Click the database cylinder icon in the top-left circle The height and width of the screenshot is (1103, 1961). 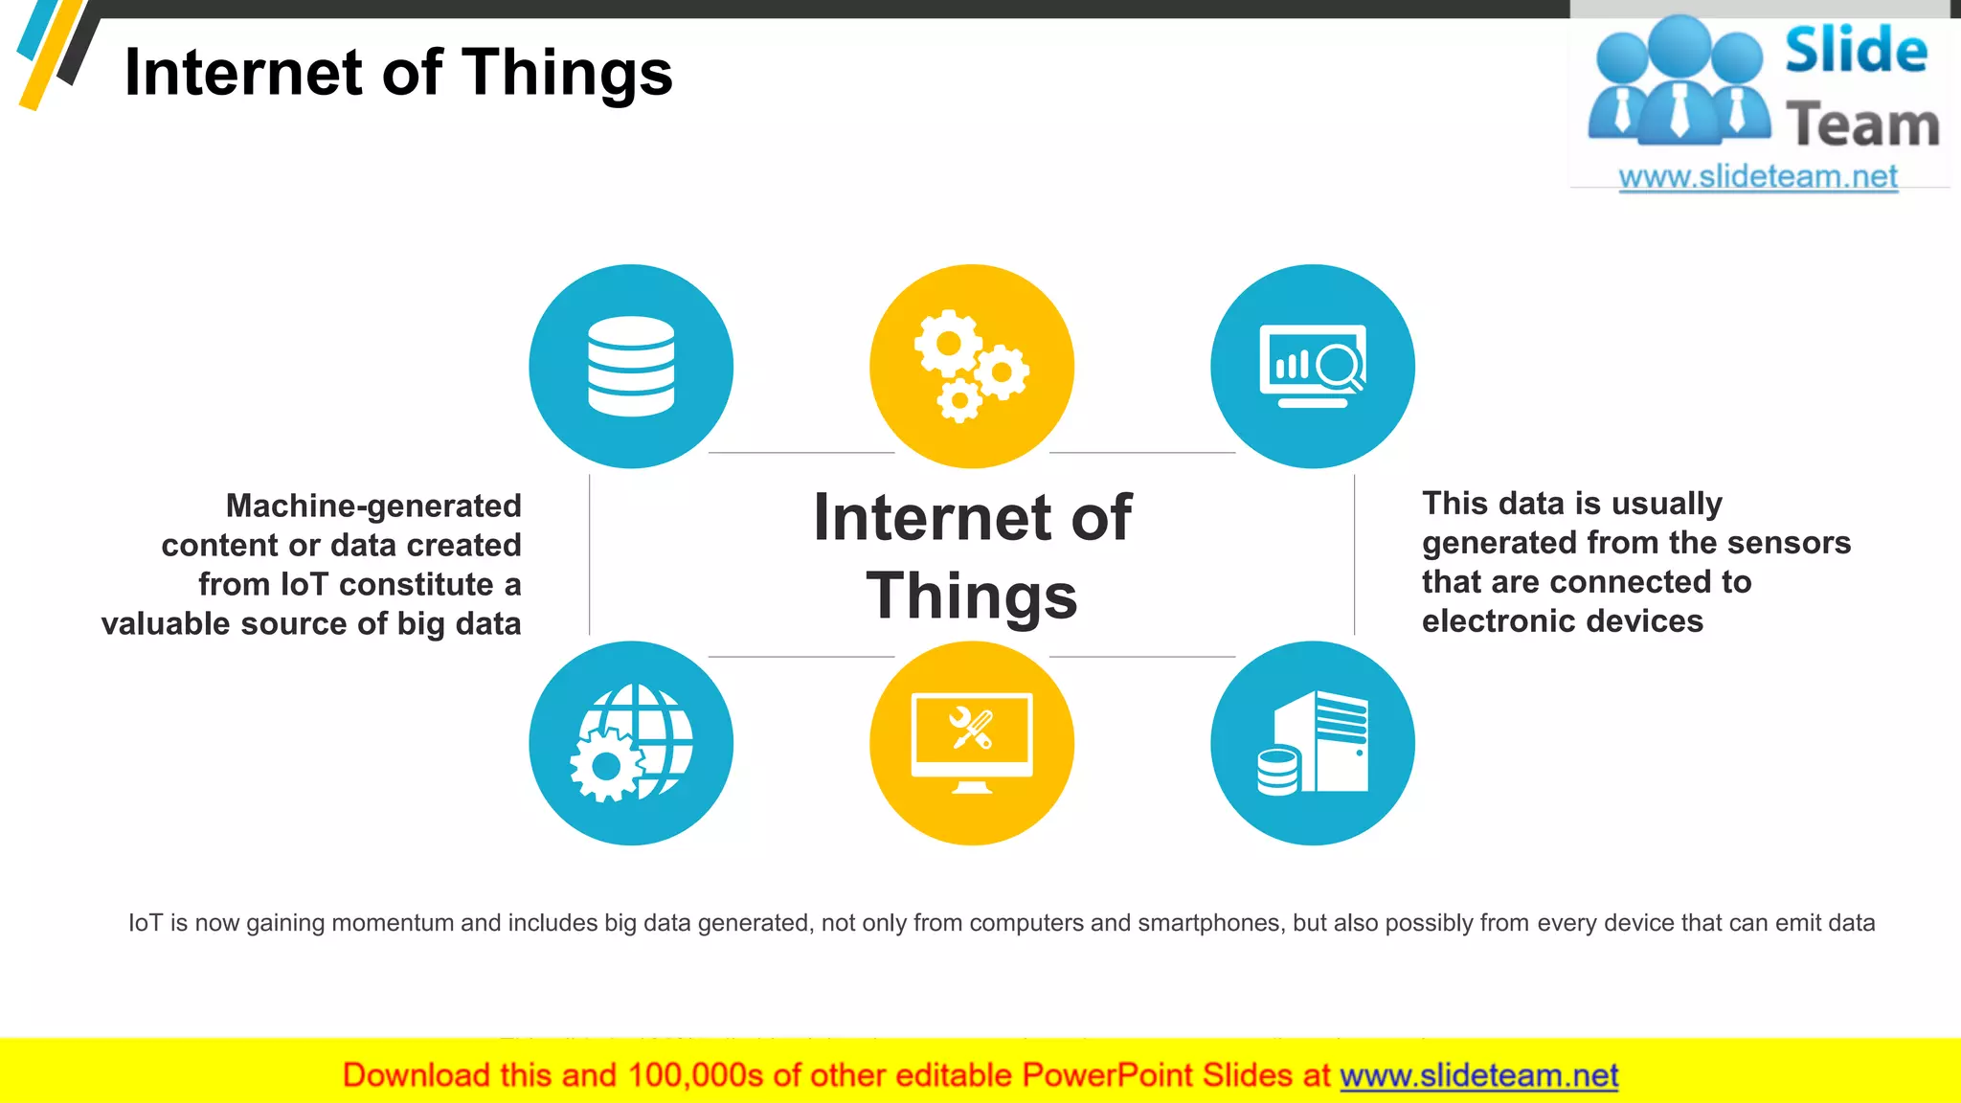pos(631,367)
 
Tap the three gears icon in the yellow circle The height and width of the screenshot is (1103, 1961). pos(971,366)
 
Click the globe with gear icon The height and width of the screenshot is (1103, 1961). pos(631,743)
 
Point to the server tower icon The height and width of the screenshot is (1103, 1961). pos(1315,744)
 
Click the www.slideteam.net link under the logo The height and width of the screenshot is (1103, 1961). pos(1758,176)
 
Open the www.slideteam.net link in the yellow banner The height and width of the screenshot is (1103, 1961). pos(1478,1075)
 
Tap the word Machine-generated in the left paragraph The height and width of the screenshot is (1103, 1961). pos(373,506)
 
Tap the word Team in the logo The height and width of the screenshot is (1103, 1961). pos(1862,124)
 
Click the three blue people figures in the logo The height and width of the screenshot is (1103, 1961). pos(1679,81)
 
